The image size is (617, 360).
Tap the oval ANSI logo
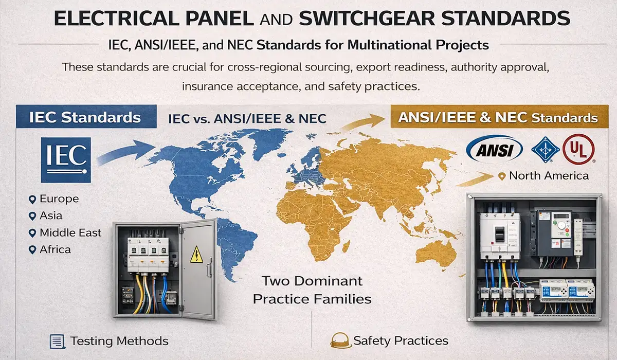(x=494, y=150)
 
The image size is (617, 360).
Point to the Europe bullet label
(x=59, y=199)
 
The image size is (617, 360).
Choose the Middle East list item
(x=70, y=233)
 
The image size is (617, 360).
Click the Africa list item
(x=55, y=250)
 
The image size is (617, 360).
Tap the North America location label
(x=549, y=176)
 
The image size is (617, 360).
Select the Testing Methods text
(x=119, y=341)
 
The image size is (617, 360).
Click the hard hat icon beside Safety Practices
(x=339, y=340)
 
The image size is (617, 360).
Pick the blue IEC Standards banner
(x=86, y=117)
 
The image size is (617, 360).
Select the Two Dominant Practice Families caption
(x=312, y=290)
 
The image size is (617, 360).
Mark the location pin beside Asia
(x=32, y=216)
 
